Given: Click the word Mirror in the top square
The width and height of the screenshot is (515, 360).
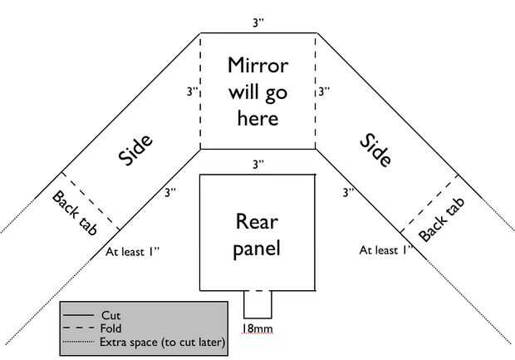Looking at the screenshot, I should tap(257, 66).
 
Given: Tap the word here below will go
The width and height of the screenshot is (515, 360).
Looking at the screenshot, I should tap(257, 118).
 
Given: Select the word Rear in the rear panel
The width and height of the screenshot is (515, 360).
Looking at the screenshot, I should tap(257, 221).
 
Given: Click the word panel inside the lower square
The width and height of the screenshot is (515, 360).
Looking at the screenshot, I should tap(257, 248).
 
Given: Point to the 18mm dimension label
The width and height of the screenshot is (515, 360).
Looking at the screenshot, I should tap(257, 329).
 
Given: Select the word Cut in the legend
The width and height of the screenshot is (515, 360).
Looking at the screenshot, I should tap(111, 315).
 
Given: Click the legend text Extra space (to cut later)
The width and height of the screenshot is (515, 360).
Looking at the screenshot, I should tap(163, 342).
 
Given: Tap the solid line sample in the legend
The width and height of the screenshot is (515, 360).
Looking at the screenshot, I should tap(78, 316).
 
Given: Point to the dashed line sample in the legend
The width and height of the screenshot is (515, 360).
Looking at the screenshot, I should tap(78, 328).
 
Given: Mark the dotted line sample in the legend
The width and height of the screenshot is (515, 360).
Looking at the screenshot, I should tap(78, 342).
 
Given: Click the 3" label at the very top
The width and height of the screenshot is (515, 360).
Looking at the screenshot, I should tap(258, 23).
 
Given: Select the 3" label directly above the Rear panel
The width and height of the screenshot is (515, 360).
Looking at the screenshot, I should tap(258, 164).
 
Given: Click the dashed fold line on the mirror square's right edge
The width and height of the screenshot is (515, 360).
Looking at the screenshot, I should tap(316, 91).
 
